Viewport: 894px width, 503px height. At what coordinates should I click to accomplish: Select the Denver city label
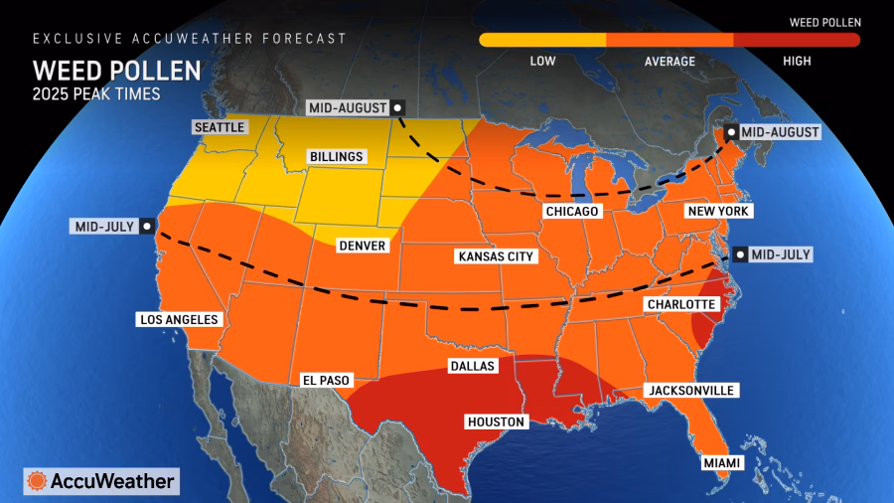tap(361, 246)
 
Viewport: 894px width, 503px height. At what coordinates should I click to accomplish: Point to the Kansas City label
tap(496, 256)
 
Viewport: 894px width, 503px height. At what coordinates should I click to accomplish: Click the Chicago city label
tap(571, 212)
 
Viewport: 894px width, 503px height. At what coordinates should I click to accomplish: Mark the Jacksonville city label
tap(690, 391)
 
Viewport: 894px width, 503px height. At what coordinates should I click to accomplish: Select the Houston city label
tap(495, 422)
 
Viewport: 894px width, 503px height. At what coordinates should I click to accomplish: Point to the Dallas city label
tap(472, 366)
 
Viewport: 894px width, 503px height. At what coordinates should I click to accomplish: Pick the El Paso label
tap(326, 380)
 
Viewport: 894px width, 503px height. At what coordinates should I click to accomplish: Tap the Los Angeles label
tap(179, 320)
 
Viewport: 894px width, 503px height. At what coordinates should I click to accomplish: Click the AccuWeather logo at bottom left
tap(101, 481)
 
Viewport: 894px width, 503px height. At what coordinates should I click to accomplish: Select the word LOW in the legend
tap(542, 62)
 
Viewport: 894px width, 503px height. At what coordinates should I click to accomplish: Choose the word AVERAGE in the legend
tap(670, 62)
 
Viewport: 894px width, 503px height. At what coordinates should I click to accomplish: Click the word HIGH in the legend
tap(797, 62)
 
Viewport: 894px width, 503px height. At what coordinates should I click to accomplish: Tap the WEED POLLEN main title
tap(116, 72)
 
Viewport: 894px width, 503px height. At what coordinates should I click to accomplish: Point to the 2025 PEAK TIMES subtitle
tap(95, 95)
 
